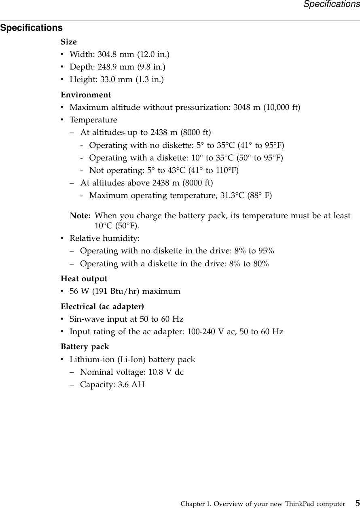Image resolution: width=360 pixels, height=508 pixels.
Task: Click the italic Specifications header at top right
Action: coord(331,4)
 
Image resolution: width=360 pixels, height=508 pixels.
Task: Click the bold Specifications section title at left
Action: coord(32,28)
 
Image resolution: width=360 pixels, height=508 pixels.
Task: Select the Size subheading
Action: coord(69,42)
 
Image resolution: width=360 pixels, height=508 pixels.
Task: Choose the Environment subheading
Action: coord(86,95)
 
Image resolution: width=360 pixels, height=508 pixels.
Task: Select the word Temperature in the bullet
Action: coord(93,120)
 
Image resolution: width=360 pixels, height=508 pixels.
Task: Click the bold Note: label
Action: coord(80,216)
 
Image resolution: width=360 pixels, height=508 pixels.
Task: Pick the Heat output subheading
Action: coord(84,279)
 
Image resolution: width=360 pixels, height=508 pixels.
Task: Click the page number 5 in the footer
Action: coord(357,504)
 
